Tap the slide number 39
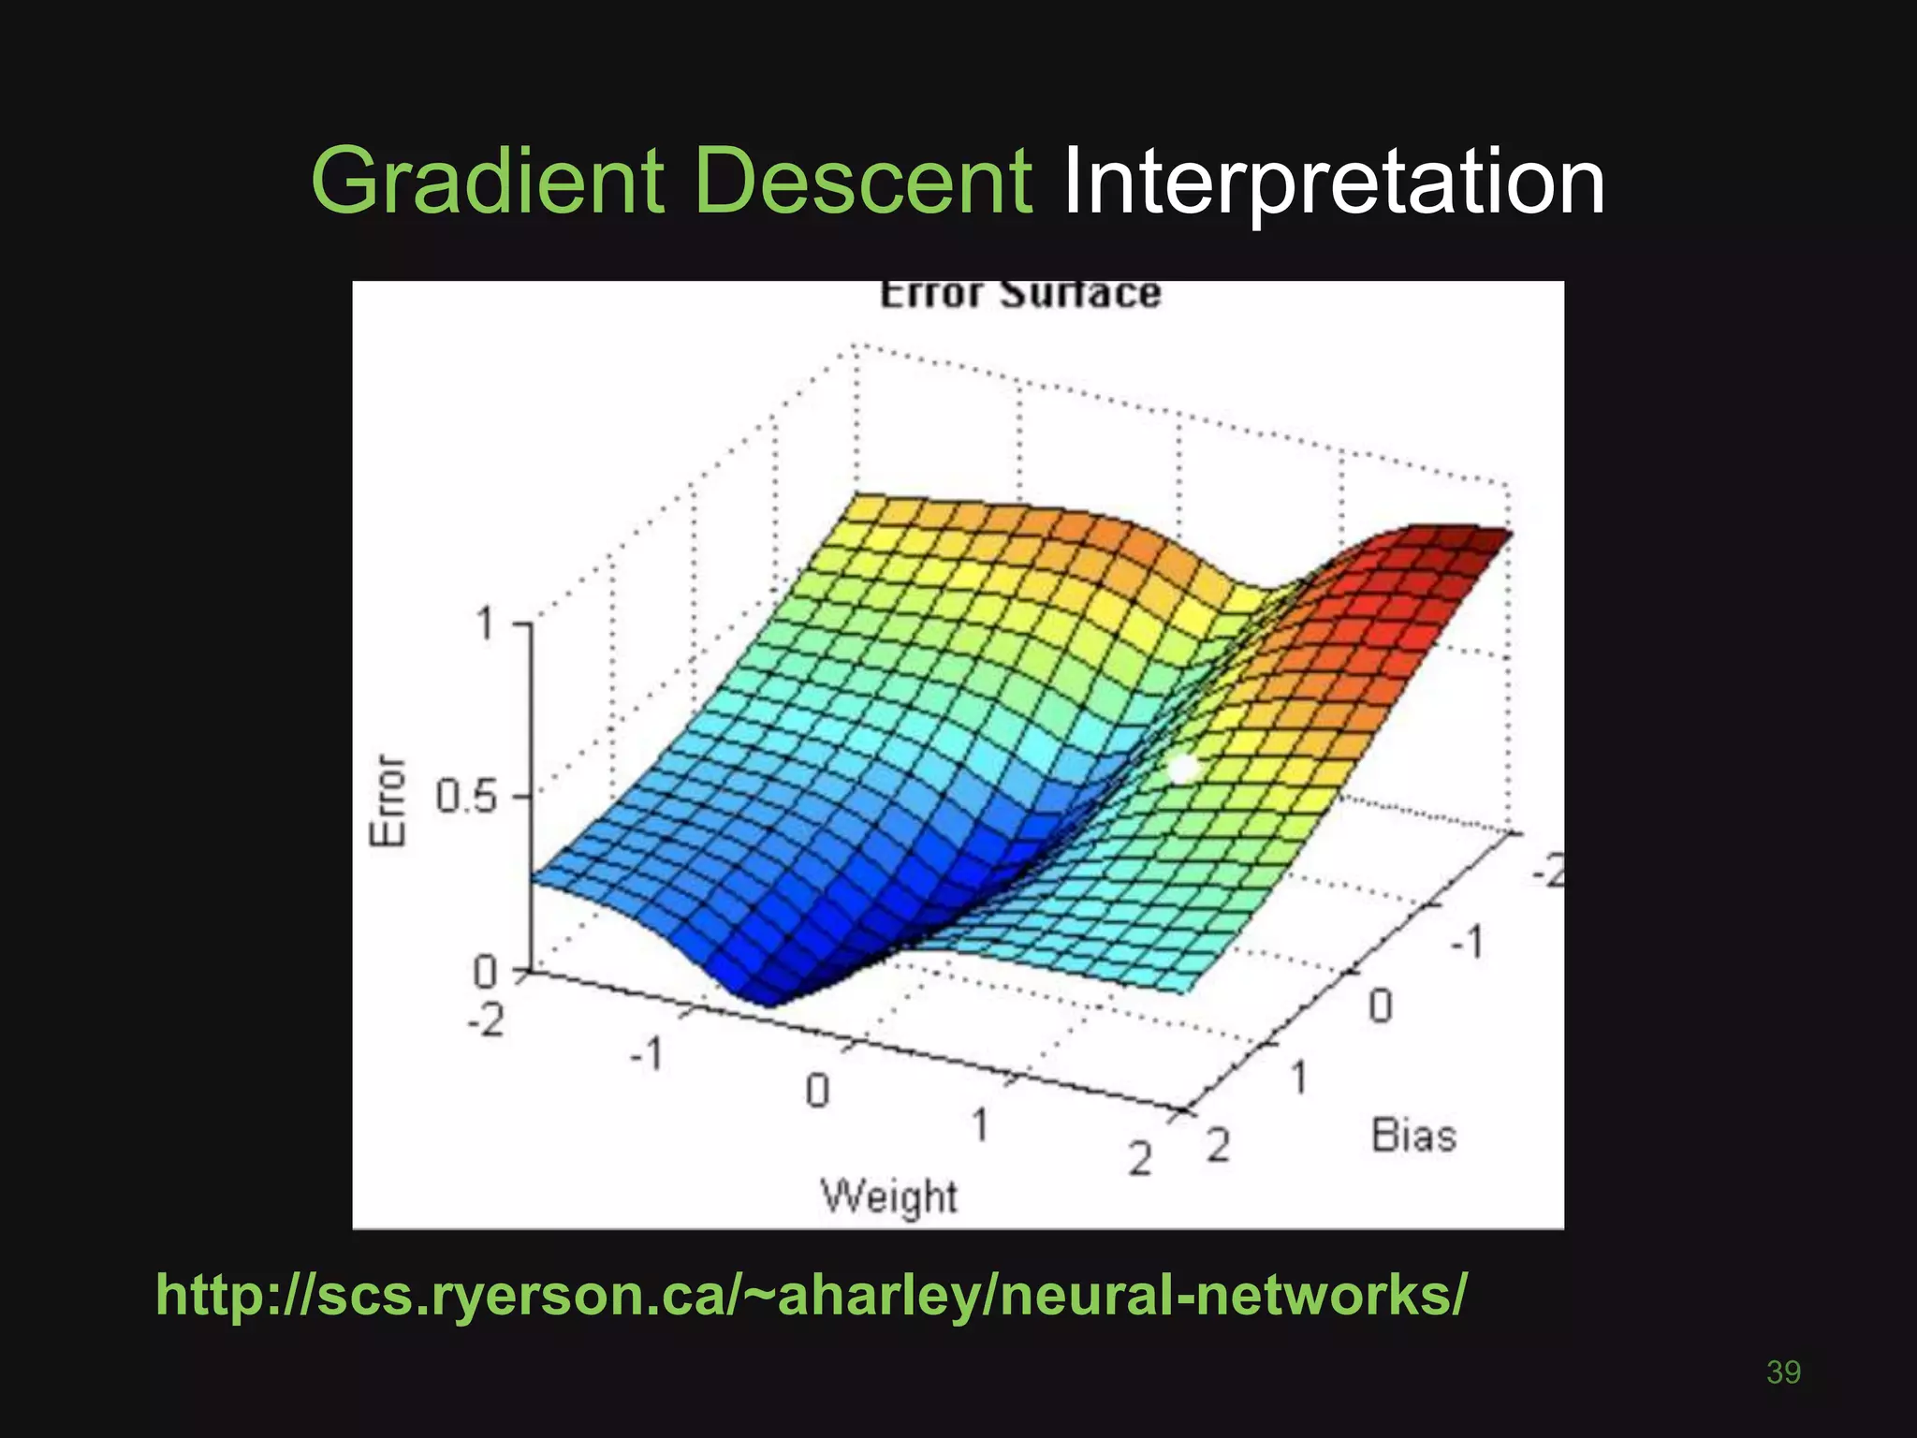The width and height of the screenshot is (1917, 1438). point(1783,1372)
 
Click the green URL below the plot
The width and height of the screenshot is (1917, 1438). point(811,1295)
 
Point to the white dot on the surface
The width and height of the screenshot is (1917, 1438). point(1183,768)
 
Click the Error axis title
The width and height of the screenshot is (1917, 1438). point(389,801)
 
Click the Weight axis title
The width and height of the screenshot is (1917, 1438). point(889,1196)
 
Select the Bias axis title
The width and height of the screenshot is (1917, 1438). point(1413,1136)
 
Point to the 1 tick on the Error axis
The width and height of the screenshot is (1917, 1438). point(485,624)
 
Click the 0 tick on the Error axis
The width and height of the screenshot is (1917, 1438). point(485,972)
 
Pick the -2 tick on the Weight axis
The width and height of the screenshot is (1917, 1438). point(487,1019)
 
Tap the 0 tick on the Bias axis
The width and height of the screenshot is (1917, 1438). point(1381,1006)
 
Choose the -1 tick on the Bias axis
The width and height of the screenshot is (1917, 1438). point(1467,941)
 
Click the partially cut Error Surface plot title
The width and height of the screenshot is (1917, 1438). point(1020,294)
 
